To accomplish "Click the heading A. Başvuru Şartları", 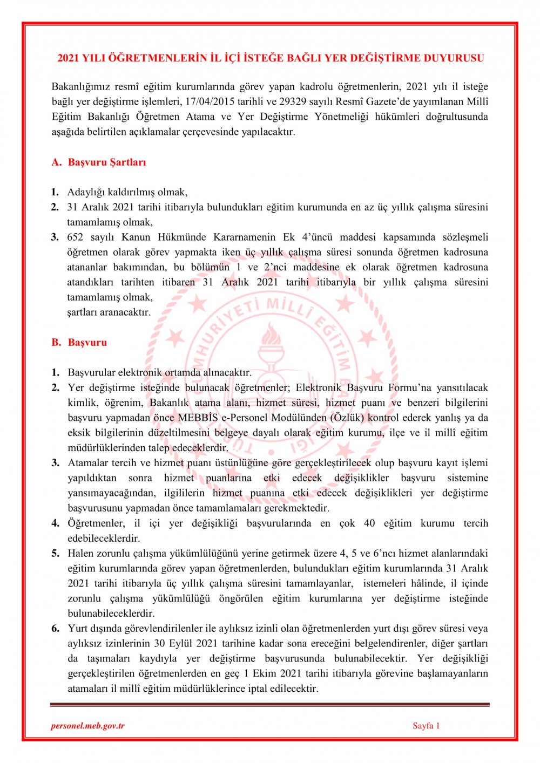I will (x=99, y=162).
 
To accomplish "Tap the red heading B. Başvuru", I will (x=79, y=343).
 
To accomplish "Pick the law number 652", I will (x=75, y=237).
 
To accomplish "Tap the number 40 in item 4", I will (x=369, y=523).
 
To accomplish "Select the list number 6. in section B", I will (x=56, y=629).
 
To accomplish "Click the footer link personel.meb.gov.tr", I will (x=87, y=726).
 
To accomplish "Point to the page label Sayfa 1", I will (x=426, y=726).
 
